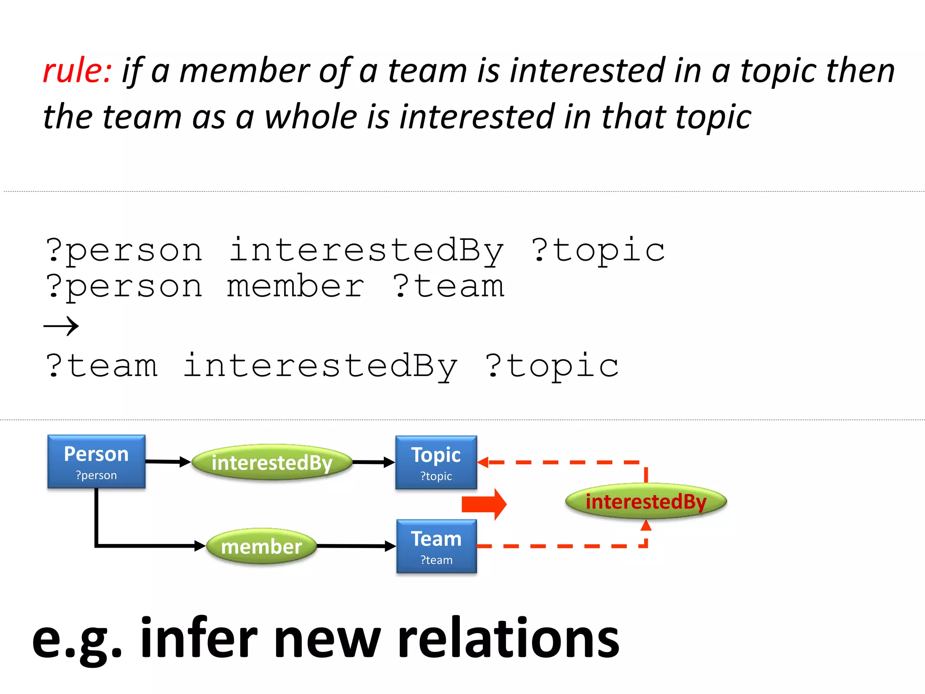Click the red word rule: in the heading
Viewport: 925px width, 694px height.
77,71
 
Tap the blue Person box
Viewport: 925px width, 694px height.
96,461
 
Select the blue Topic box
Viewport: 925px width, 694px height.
436,462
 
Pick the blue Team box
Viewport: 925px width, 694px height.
436,546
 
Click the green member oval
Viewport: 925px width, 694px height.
262,546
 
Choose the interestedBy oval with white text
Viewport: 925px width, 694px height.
272,462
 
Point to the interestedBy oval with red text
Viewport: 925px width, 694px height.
646,502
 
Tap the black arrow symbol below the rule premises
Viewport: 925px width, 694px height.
61,326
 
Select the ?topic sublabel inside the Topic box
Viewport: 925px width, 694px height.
436,476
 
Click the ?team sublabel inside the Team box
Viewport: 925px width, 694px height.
436,560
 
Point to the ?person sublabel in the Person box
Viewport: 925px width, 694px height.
96,475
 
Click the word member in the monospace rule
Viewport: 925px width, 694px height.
295,286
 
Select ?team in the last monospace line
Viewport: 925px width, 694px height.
102,366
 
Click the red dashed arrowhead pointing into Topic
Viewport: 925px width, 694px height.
482,462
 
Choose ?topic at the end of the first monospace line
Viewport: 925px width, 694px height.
598,250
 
